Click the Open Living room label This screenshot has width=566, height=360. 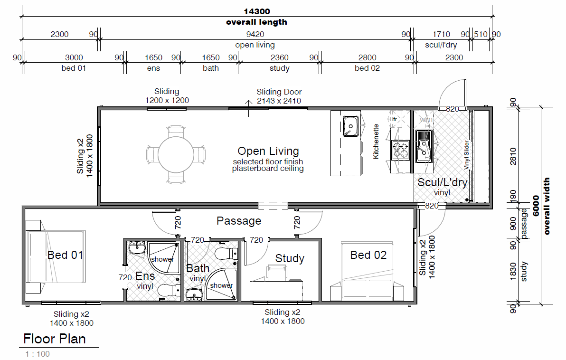click(268, 151)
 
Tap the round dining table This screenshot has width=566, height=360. click(176, 154)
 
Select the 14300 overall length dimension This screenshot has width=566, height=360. click(257, 11)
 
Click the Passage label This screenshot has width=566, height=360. click(238, 221)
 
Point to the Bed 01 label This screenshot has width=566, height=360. click(66, 255)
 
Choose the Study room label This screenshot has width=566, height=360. click(290, 258)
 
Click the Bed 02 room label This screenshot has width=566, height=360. click(368, 255)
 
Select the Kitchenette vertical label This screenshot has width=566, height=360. click(376, 142)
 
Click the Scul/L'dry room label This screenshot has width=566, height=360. click(442, 182)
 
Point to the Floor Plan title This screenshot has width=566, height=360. click(55, 339)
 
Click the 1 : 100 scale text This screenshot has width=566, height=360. click(38, 354)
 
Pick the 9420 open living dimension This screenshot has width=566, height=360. click(255, 34)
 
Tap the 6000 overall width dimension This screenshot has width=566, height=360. click(536, 206)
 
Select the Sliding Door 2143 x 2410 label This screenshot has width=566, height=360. click(279, 96)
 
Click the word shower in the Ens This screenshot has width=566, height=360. click(162, 259)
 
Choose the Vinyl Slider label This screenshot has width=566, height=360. click(466, 155)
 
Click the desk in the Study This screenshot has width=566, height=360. click(276, 290)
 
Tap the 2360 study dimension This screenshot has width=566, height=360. click(279, 57)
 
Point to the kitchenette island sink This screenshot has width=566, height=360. click(350, 126)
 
